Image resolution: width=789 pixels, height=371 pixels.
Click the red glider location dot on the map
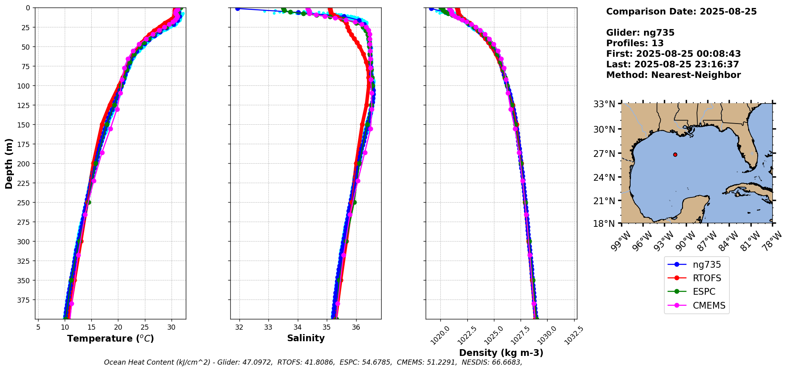click(675, 155)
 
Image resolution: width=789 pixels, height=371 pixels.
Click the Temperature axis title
click(110, 338)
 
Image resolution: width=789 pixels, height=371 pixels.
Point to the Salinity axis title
click(306, 338)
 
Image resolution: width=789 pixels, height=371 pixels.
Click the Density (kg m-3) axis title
click(501, 353)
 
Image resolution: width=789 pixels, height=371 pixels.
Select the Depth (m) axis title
click(9, 163)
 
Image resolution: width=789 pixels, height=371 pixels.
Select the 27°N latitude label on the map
click(604, 154)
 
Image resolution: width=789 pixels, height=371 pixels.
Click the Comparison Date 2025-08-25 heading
click(681, 12)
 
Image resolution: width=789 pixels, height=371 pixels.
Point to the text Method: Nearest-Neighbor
click(673, 75)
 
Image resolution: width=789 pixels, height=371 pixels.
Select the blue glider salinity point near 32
click(237, 8)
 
